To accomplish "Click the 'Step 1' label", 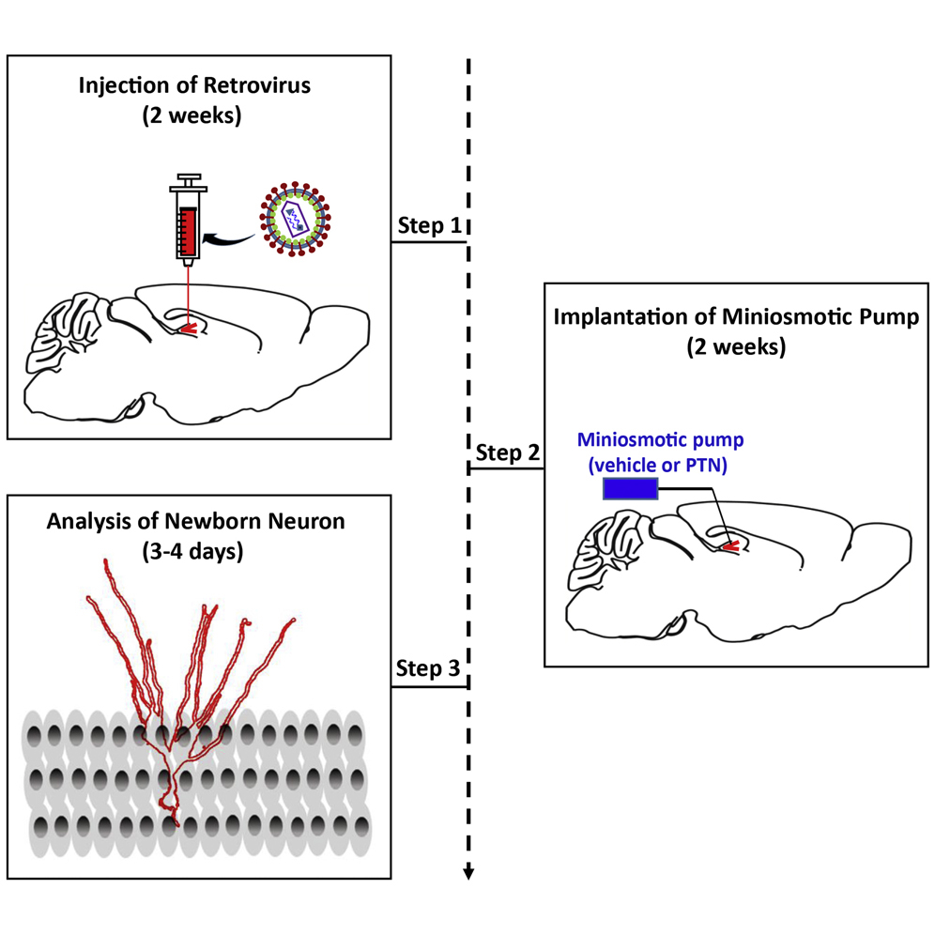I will click(428, 226).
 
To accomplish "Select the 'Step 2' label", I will click(507, 452).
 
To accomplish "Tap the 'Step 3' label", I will click(428, 669).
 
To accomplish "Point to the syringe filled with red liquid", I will click(188, 225).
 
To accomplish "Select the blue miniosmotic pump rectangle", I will click(630, 489).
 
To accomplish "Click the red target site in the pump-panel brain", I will click(729, 544).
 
